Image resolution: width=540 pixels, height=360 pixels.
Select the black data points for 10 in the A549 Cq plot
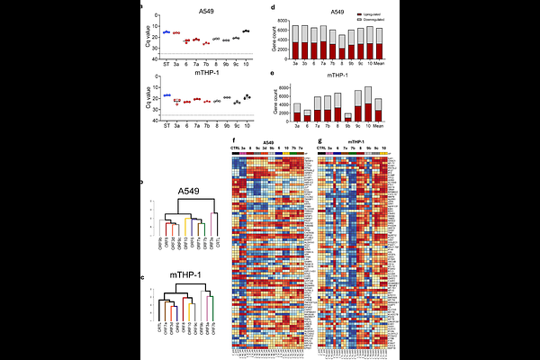pos(247,31)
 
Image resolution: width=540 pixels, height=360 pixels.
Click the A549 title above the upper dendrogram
pos(187,191)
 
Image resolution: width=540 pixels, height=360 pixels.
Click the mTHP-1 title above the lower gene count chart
pos(335,77)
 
